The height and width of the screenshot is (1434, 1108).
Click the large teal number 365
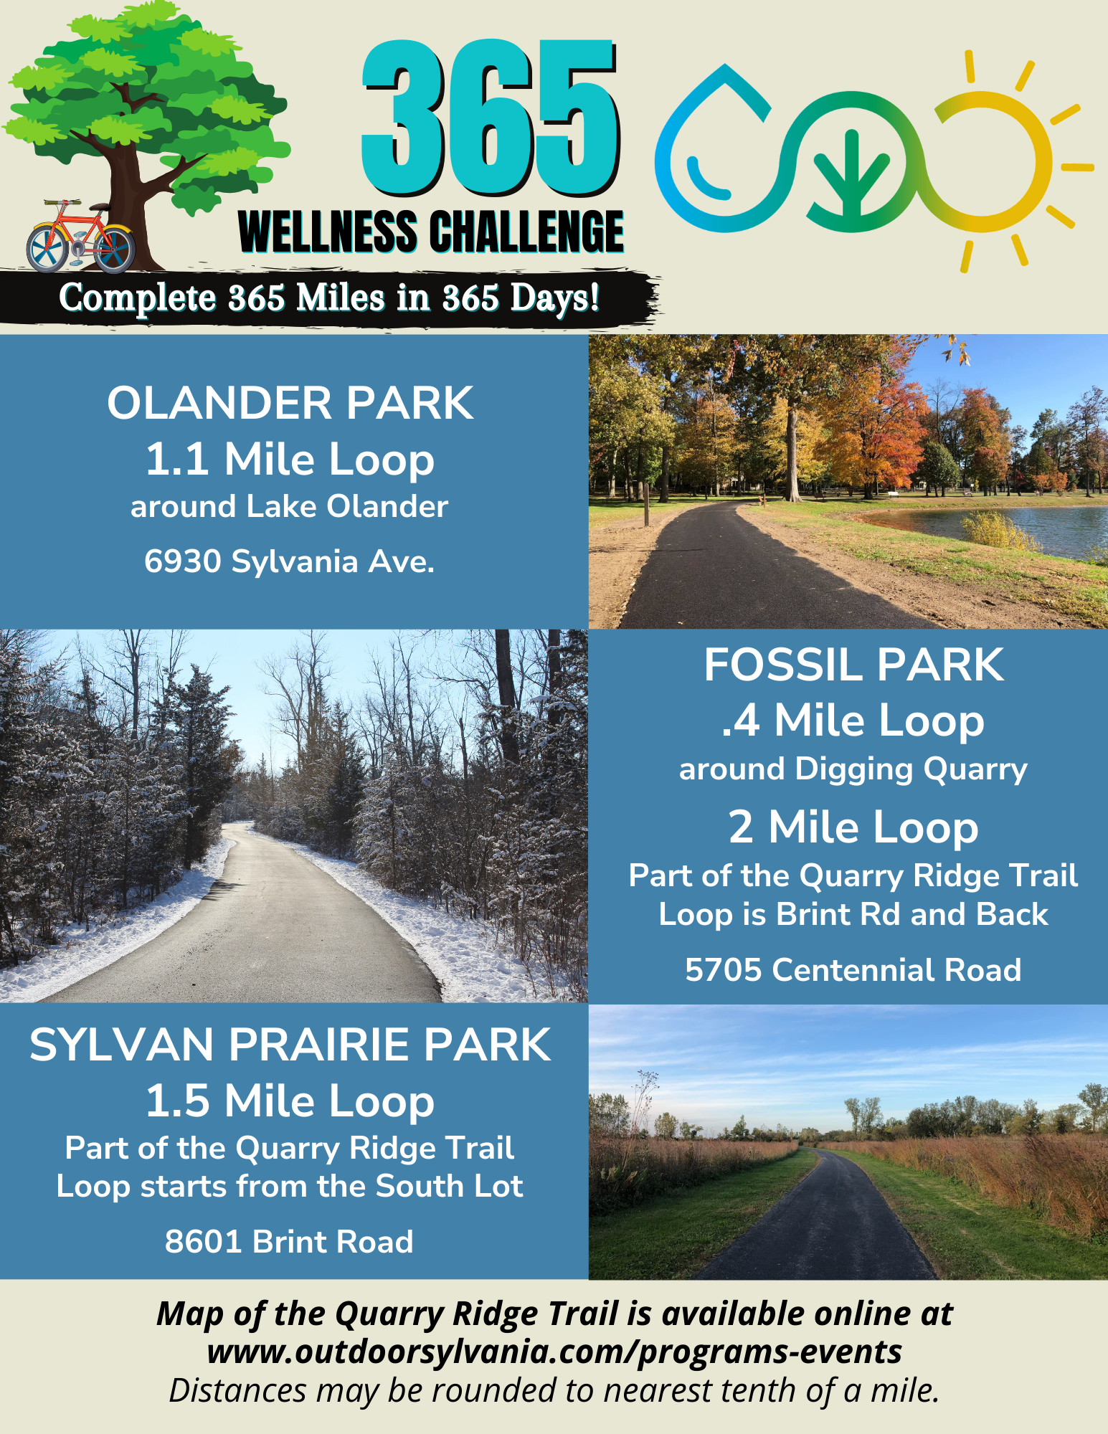491,118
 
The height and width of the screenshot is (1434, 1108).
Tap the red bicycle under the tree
80,236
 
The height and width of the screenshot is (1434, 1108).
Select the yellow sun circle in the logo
993,161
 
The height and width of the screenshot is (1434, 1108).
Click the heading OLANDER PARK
290,403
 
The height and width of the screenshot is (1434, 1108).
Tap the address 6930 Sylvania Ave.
290,561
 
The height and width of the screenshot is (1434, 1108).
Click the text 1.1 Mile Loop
290,460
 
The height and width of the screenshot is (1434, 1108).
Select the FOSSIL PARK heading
853,665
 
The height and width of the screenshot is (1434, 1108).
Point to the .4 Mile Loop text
853,721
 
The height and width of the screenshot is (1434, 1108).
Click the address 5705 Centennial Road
853,970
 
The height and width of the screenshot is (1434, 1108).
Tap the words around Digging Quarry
853,769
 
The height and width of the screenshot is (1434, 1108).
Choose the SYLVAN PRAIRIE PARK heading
290,1045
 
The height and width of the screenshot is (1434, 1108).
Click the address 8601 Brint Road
289,1242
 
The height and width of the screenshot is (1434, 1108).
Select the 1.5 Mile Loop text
290,1101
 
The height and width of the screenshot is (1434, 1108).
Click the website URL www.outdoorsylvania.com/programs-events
554,1352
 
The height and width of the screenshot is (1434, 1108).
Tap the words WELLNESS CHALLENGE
431,232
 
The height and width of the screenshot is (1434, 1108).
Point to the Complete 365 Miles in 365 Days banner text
329,298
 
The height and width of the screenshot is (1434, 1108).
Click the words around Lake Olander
290,507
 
